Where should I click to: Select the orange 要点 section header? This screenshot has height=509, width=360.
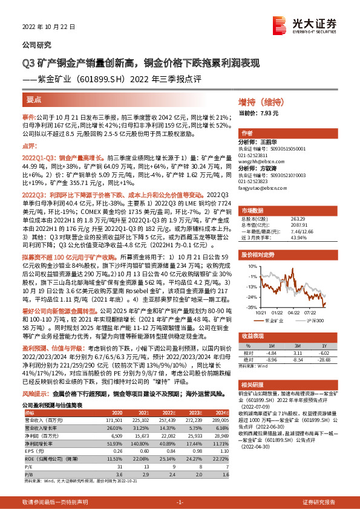[x=34, y=99]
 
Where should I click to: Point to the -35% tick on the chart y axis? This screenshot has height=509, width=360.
[x=250, y=307]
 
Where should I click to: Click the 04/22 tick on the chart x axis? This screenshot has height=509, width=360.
[x=293, y=313]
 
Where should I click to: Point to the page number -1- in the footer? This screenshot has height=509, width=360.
[x=180, y=502]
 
